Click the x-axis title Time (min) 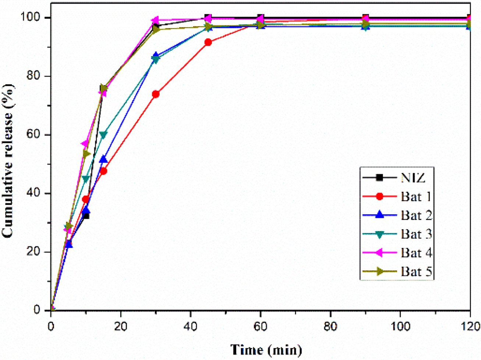266,349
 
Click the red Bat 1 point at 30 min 156,94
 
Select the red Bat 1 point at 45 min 208,42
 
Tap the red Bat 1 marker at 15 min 103,171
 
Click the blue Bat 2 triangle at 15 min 103,159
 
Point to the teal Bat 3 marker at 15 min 103,135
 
